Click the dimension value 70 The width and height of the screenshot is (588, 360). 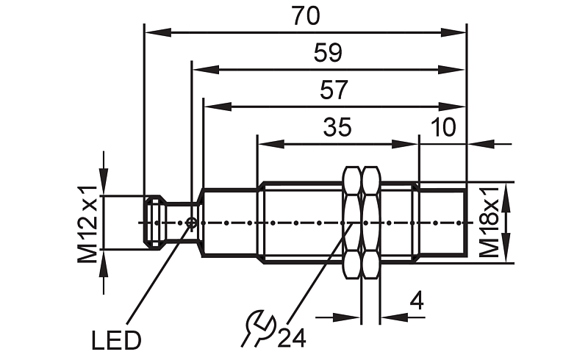(x=306, y=16)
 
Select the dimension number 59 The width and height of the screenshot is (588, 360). (x=328, y=53)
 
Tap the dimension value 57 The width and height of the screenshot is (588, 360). (x=334, y=90)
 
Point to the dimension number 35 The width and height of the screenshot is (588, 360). (x=337, y=127)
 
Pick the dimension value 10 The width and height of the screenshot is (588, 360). (x=443, y=127)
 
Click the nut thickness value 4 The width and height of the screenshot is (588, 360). (x=417, y=300)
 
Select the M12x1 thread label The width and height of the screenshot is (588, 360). (x=87, y=224)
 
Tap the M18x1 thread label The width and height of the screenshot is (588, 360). (x=490, y=223)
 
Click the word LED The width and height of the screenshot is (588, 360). (x=116, y=341)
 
